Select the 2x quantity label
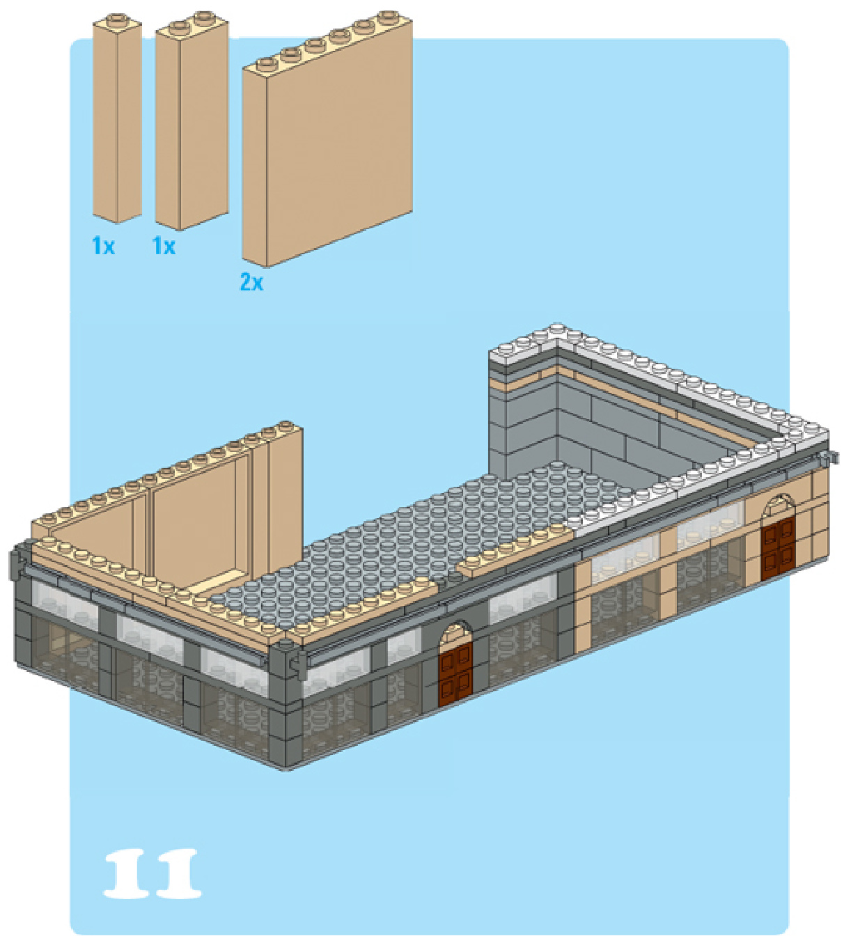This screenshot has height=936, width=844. tap(251, 282)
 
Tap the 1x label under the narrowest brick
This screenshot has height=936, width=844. tap(103, 245)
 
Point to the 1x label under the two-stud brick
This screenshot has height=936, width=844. tap(164, 245)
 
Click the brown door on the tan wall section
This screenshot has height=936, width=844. tap(777, 549)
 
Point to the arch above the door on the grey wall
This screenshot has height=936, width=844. tap(456, 631)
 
